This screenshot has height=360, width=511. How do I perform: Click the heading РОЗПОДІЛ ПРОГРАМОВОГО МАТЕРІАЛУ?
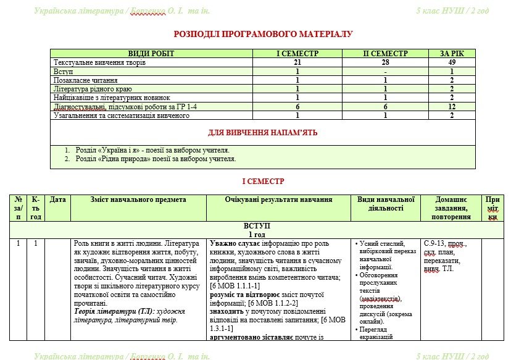264,34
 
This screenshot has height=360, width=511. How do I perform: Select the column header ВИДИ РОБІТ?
151,54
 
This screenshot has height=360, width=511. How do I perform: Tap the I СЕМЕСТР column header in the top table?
297,54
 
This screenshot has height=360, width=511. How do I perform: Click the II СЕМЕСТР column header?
385,54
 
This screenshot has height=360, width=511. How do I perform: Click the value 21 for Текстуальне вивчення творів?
297,62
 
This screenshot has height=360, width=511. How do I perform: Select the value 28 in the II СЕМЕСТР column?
385,62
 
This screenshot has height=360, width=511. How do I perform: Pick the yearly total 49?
452,62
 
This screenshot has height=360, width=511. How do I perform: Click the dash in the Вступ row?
385,72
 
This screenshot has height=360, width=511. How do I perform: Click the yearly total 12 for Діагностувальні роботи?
452,107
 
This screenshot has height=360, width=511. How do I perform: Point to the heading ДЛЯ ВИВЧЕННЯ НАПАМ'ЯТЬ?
264,132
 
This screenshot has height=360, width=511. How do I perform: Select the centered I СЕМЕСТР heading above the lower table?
264,181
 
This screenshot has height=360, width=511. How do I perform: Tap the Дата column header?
57,199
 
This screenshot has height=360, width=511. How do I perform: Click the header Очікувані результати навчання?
279,199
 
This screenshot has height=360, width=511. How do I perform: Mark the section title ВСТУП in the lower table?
257,226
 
